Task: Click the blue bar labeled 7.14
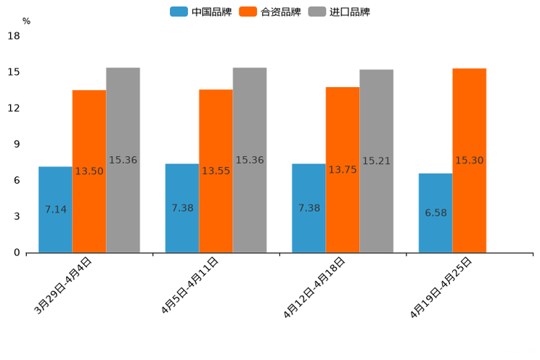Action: coord(55,210)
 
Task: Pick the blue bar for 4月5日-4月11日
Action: coord(182,208)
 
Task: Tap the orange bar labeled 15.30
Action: coord(469,160)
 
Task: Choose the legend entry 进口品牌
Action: coord(339,12)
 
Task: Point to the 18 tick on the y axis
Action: coord(13,36)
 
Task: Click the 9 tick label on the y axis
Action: coord(17,144)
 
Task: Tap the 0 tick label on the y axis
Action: coord(17,253)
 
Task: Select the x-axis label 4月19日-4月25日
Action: coord(441,287)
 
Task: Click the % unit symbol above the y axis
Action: coord(26,21)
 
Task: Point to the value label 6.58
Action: coord(435,213)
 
